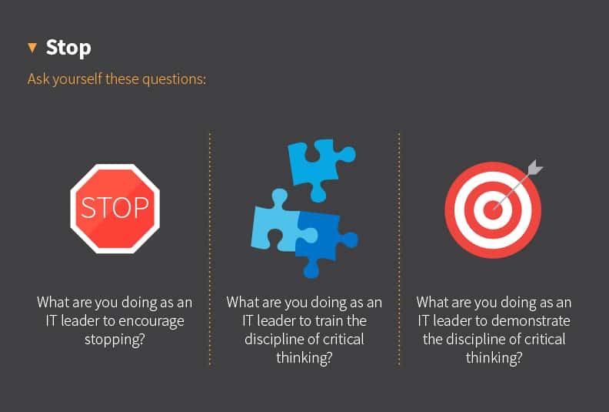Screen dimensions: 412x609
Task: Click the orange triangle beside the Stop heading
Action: click(32, 48)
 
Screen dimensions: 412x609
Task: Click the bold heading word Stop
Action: click(68, 47)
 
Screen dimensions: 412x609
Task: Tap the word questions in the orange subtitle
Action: click(175, 79)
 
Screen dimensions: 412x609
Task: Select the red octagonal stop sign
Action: click(115, 209)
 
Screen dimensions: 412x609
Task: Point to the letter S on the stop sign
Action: click(88, 209)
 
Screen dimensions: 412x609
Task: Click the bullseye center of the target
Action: click(492, 209)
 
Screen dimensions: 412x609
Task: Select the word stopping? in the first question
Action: click(115, 339)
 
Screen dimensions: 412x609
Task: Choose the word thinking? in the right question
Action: click(494, 357)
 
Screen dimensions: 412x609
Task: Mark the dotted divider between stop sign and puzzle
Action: click(209, 246)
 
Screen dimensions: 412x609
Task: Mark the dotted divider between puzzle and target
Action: click(399, 246)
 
